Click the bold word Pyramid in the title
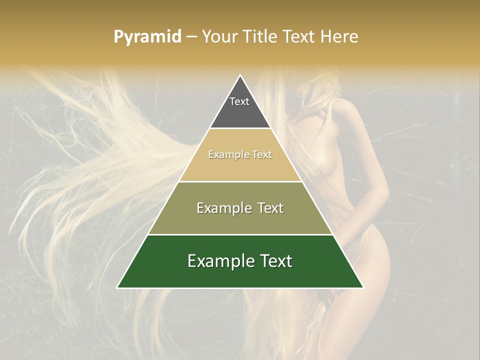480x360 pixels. tap(147, 37)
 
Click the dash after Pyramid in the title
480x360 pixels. tap(191, 37)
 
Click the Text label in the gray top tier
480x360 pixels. tap(239, 101)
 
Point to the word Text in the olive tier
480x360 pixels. tap(267, 208)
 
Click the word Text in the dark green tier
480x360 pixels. tap(273, 261)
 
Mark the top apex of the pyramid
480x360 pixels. tap(240, 75)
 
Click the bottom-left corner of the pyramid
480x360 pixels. tap(117, 287)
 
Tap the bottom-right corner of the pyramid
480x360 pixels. tap(363, 287)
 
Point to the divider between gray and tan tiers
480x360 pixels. tap(240, 128)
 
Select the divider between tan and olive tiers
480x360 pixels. tap(240, 181)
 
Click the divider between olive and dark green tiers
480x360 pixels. tap(240, 234)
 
